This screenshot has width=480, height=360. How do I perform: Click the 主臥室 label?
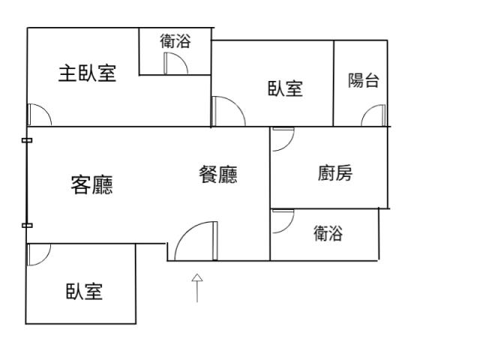click(x=88, y=73)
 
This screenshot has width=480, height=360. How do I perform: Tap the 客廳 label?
click(x=91, y=184)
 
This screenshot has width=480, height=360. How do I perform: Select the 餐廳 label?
click(x=218, y=175)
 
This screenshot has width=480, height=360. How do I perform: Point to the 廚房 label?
click(x=334, y=174)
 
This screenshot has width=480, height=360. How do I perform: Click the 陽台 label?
click(x=363, y=81)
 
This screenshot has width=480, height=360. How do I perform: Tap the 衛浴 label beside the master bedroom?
click(x=175, y=42)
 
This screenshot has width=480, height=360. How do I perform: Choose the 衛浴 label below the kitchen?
click(x=328, y=234)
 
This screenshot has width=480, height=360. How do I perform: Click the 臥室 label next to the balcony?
click(x=285, y=88)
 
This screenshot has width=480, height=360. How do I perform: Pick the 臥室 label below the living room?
click(x=84, y=291)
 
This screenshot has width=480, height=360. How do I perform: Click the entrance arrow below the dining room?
click(x=197, y=287)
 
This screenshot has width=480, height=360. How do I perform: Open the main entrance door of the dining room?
click(x=195, y=241)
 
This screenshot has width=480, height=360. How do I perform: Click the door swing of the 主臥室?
click(x=38, y=114)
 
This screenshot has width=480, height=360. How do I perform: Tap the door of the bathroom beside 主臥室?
click(x=175, y=64)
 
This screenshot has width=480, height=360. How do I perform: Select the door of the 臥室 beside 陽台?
click(x=228, y=112)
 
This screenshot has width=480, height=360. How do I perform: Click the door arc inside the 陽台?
click(x=373, y=115)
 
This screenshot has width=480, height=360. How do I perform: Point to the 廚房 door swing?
click(x=282, y=139)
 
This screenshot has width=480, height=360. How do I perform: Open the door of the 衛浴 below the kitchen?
click(x=282, y=220)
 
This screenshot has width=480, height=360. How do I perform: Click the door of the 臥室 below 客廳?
click(x=37, y=255)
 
